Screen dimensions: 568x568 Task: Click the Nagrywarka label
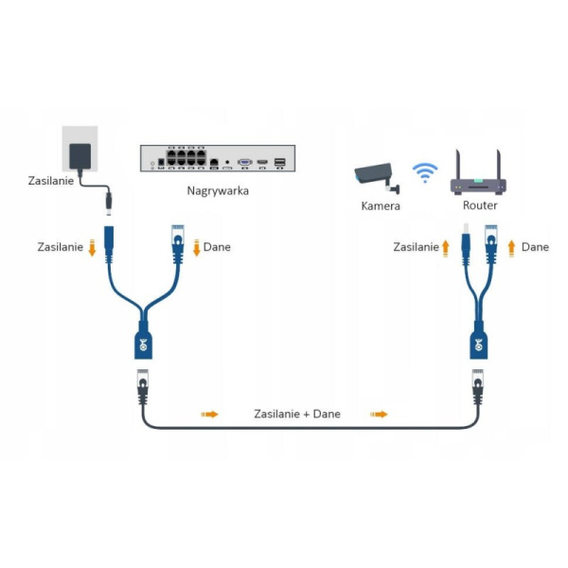tap(220, 190)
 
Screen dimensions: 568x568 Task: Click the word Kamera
tap(381, 205)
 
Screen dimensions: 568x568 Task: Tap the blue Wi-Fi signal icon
tap(426, 172)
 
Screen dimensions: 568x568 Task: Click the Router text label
tap(480, 205)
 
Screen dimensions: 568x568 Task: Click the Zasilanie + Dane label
tap(296, 414)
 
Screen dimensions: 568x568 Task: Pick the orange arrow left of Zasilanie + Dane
tap(209, 414)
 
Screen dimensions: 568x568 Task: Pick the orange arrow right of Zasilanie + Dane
tap(379, 414)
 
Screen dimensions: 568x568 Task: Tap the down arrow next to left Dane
tap(196, 248)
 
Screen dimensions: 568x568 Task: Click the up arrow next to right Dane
tap(512, 247)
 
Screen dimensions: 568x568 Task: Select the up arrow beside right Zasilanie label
tap(446, 247)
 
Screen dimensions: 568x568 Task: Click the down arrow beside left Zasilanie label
tap(93, 248)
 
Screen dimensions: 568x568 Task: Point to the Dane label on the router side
tap(535, 247)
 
